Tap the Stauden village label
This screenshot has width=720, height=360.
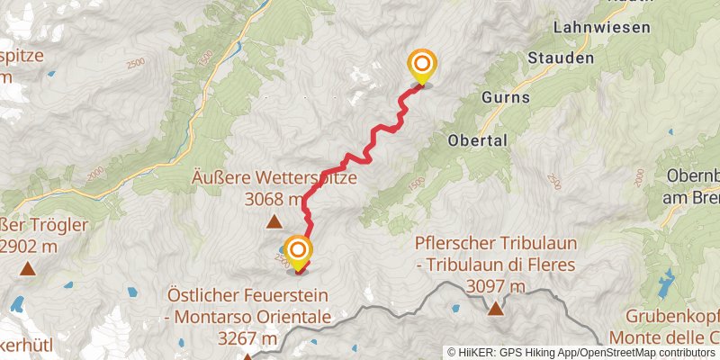coord(562,58)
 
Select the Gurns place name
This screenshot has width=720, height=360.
coord(506,96)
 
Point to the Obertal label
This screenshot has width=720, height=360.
coord(478,140)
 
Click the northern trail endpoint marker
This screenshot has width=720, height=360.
coord(422,66)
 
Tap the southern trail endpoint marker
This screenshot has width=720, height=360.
coord(298,252)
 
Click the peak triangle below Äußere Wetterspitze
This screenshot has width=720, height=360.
coord(274,221)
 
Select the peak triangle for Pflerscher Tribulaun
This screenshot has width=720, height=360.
coord(495,310)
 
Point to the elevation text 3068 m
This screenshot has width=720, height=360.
coord(274,198)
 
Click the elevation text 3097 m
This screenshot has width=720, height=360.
coord(496,287)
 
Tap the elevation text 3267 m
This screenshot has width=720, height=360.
coord(247,338)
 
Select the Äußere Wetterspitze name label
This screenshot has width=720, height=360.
coord(274,178)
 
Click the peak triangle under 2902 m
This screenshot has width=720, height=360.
coord(30,268)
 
